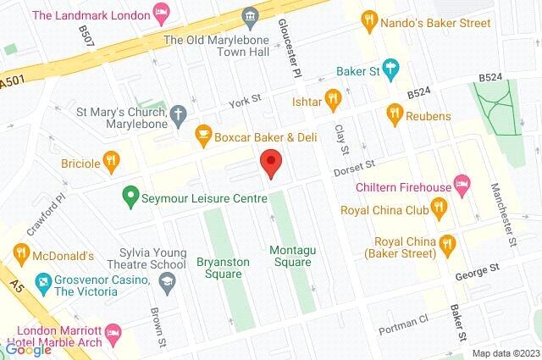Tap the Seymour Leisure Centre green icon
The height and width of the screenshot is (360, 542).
click(x=130, y=197)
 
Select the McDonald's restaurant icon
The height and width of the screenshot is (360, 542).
click(x=21, y=252)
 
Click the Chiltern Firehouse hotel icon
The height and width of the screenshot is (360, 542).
click(x=462, y=182)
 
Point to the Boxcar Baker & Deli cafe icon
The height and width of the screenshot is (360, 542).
click(x=202, y=134)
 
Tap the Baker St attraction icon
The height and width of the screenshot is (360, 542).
click(x=389, y=68)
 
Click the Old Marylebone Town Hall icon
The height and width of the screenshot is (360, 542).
click(x=249, y=17)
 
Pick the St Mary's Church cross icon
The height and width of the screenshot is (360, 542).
click(x=177, y=112)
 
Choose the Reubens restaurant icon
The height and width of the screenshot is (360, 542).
click(x=394, y=112)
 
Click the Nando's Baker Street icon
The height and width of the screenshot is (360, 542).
click(x=368, y=17)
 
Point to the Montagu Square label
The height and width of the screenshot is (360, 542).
click(x=290, y=256)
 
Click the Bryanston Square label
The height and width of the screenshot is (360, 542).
click(x=223, y=268)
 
